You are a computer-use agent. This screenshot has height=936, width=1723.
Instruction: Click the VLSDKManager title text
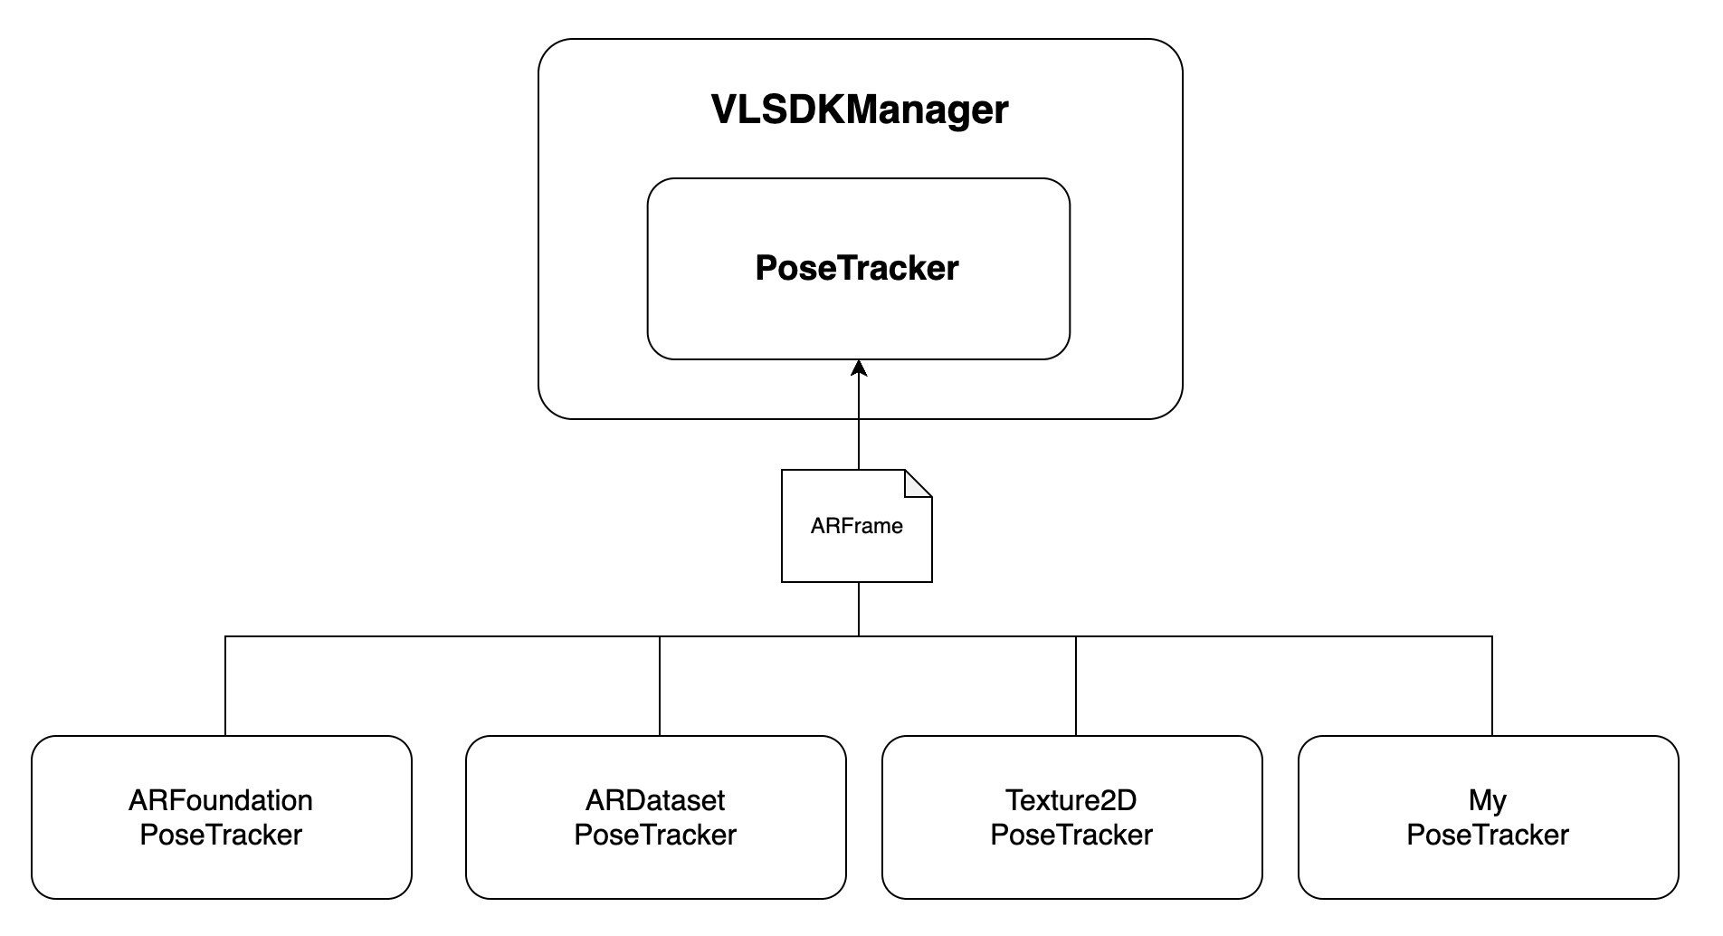tap(859, 110)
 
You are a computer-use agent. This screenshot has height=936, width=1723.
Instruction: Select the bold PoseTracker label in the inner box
tap(857, 268)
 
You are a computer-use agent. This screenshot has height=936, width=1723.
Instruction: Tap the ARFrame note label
tap(856, 526)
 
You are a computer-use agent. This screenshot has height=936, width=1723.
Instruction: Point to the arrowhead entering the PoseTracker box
tap(859, 368)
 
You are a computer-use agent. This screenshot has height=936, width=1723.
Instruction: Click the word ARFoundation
tap(221, 800)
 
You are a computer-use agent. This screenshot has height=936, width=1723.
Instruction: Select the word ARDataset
tap(655, 800)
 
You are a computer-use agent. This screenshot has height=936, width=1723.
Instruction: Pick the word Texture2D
tap(1071, 800)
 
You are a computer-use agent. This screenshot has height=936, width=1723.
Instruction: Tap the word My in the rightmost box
tap(1488, 800)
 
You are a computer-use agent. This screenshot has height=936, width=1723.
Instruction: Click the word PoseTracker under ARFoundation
tap(221, 835)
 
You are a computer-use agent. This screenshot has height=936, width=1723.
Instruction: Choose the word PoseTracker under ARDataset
tap(655, 835)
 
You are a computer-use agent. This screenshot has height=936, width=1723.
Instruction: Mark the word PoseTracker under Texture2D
tap(1071, 835)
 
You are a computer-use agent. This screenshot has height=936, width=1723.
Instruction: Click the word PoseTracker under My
tap(1488, 835)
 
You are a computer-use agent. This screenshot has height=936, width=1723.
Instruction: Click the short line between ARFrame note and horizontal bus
tap(859, 609)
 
